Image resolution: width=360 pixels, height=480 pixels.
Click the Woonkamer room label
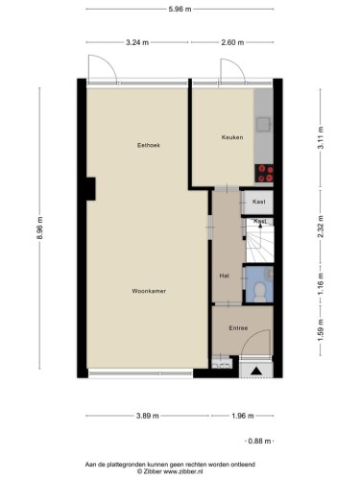click(149, 291)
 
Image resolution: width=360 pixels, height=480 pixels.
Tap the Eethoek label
click(149, 145)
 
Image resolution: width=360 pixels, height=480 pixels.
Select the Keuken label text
click(232, 137)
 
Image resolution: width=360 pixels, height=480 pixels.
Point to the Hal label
click(224, 276)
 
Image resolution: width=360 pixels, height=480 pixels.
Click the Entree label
click(238, 328)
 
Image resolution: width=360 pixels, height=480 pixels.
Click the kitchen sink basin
click(263, 125)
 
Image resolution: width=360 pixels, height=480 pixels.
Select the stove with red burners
click(264, 173)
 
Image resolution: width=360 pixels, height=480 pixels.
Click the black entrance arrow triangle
click(256, 371)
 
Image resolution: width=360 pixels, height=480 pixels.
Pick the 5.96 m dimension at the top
click(180, 9)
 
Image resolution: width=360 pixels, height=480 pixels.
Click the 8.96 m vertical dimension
click(39, 228)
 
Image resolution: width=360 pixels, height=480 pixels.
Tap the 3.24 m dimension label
click(137, 42)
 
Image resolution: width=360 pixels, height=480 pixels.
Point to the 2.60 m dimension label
click(232, 42)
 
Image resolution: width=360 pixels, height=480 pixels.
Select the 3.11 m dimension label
click(321, 137)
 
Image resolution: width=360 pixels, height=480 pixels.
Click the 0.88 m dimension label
click(259, 441)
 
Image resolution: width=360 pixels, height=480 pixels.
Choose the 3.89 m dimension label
click(147, 416)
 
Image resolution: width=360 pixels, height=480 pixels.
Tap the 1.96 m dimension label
click(242, 416)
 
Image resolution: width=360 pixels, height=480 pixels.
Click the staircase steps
click(260, 243)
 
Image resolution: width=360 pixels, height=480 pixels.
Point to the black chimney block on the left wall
click(91, 189)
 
